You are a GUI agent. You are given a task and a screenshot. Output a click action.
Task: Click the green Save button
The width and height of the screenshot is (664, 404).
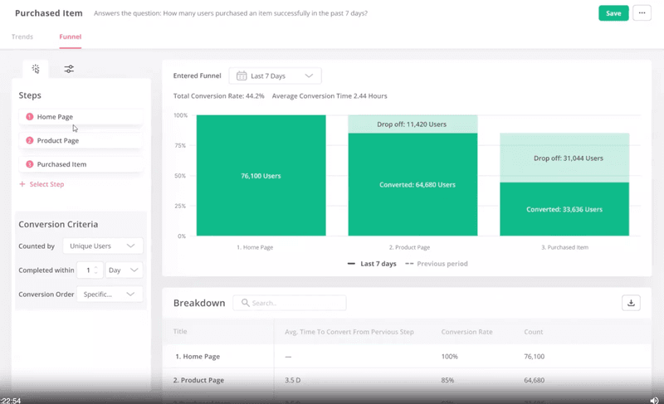pyautogui.click(x=613, y=13)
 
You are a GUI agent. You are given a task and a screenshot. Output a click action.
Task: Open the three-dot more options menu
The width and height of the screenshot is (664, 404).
pyautogui.click(x=642, y=13)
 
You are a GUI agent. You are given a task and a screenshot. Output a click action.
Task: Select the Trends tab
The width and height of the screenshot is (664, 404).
pyautogui.click(x=22, y=37)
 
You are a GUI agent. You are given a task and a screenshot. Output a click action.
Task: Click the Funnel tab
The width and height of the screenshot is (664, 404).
pyautogui.click(x=70, y=37)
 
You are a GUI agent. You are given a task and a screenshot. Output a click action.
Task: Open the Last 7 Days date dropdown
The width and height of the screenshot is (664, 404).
pyautogui.click(x=275, y=75)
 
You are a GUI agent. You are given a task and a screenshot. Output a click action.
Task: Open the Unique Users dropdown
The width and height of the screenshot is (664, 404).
pyautogui.click(x=101, y=246)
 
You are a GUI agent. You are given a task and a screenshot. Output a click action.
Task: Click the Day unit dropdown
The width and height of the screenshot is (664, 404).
pyautogui.click(x=124, y=270)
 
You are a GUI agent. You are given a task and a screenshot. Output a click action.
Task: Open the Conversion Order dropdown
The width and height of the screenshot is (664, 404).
pyautogui.click(x=109, y=294)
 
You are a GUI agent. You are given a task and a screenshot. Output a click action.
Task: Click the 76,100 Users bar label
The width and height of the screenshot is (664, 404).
pyautogui.click(x=261, y=176)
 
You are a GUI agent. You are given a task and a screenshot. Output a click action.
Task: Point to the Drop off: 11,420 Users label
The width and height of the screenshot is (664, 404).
pyautogui.click(x=412, y=124)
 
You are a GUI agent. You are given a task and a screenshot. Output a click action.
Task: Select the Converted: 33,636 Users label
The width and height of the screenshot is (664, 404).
pyautogui.click(x=564, y=209)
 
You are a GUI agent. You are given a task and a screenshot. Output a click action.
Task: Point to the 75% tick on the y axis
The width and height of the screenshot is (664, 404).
pyautogui.click(x=180, y=145)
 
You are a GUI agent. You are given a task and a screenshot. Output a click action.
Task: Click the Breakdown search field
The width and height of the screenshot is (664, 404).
pyautogui.click(x=290, y=303)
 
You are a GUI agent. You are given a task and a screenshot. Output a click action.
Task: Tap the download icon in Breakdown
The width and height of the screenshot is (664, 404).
pyautogui.click(x=631, y=303)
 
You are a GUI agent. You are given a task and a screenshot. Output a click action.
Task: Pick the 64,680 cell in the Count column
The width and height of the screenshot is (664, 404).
pyautogui.click(x=534, y=380)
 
